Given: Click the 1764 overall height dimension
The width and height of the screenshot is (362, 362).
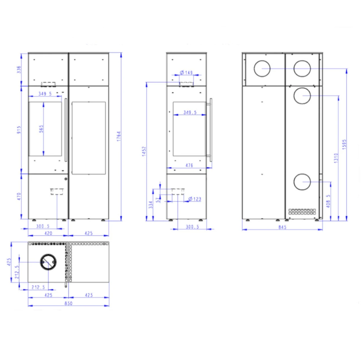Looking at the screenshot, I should click(x=119, y=136).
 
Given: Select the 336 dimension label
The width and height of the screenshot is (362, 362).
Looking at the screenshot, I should click(x=19, y=70).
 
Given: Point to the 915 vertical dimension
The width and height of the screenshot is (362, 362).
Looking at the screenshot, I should click(x=19, y=130).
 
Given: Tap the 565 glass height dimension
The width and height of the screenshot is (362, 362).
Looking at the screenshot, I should click(x=41, y=129).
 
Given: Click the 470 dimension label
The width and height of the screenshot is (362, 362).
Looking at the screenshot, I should click(x=19, y=196).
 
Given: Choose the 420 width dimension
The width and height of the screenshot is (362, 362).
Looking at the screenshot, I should click(x=48, y=233).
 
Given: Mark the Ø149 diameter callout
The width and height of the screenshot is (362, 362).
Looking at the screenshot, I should click(x=186, y=73).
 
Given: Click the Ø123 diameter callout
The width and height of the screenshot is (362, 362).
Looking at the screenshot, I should click(x=195, y=199).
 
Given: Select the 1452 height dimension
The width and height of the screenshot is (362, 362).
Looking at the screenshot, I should click(x=144, y=151).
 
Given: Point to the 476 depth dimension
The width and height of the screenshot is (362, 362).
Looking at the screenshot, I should click(x=189, y=165).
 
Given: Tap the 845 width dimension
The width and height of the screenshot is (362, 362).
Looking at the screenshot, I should click(x=282, y=227).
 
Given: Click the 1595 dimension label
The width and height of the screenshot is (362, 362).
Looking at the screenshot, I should click(x=344, y=144).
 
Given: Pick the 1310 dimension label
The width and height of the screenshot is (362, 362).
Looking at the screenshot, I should click(x=336, y=158).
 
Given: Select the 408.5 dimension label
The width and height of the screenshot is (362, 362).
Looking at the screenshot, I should click(x=328, y=201).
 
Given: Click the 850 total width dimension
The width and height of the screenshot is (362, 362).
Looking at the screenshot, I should click(x=68, y=303).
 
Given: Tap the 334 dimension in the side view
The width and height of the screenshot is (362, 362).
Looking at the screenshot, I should click(x=151, y=205).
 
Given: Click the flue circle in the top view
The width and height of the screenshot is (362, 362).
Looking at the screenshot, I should click(x=48, y=262).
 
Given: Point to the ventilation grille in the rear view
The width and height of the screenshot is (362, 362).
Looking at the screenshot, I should click(x=302, y=212).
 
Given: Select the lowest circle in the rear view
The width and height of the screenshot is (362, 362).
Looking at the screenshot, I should click(x=302, y=182).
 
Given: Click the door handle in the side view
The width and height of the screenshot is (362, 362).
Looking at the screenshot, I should click(x=211, y=130).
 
